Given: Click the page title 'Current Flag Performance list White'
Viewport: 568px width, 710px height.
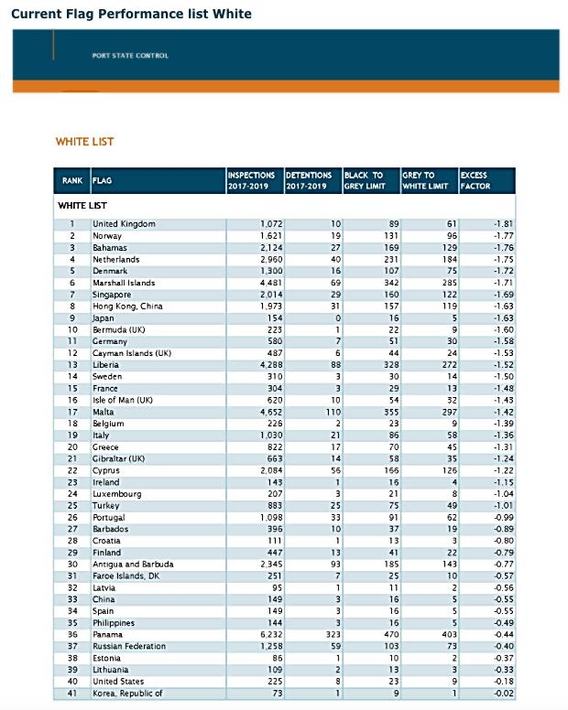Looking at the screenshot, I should [x=131, y=14].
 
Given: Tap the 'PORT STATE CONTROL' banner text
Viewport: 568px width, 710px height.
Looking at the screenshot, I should [x=130, y=56].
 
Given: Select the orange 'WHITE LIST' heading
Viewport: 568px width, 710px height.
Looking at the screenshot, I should [x=85, y=142].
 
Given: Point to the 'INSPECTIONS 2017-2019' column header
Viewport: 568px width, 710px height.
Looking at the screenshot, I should [x=251, y=180].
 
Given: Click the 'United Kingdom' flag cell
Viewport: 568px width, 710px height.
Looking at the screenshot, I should [x=124, y=224].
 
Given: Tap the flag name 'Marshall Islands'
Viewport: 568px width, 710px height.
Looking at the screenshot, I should [x=125, y=283].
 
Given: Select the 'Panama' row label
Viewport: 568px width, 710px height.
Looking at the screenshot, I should [x=107, y=635].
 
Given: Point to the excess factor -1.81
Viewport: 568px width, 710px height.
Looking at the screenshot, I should [x=502, y=224].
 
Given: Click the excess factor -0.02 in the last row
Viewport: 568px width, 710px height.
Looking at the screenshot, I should [x=502, y=694].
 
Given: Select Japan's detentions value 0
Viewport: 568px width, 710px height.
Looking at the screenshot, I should [x=338, y=318].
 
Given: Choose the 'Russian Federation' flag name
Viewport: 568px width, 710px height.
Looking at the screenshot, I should [x=131, y=647].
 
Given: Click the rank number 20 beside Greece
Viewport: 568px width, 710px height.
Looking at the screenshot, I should [x=71, y=447].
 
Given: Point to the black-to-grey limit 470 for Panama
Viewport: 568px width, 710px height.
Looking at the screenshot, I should [x=391, y=635].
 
